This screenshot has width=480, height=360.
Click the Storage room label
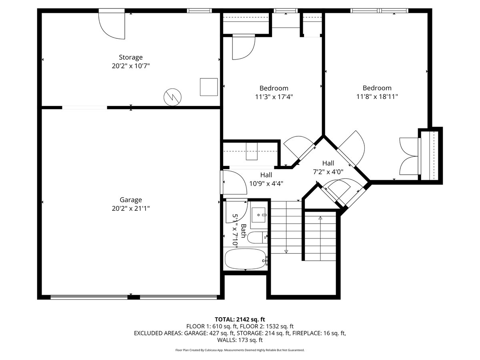[130, 57]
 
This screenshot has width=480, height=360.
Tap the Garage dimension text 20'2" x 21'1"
[130, 208]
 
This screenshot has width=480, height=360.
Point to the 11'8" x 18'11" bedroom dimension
[377, 97]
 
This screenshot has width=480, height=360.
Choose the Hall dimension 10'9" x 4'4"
[266, 184]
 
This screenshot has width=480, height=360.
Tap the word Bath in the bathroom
[243, 231]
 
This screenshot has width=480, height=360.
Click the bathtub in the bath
[245, 259]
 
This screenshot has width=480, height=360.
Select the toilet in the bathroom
[257, 238]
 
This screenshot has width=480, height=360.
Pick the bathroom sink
[259, 215]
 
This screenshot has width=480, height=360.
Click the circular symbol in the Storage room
[172, 97]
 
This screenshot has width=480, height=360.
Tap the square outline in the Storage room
[209, 87]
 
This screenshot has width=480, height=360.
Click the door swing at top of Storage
[112, 26]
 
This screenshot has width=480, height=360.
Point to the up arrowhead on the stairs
[320, 218]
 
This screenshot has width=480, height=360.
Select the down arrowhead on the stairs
[286, 252]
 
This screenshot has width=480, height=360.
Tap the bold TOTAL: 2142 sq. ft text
[240, 319]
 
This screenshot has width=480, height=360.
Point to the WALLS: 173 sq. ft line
[240, 340]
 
